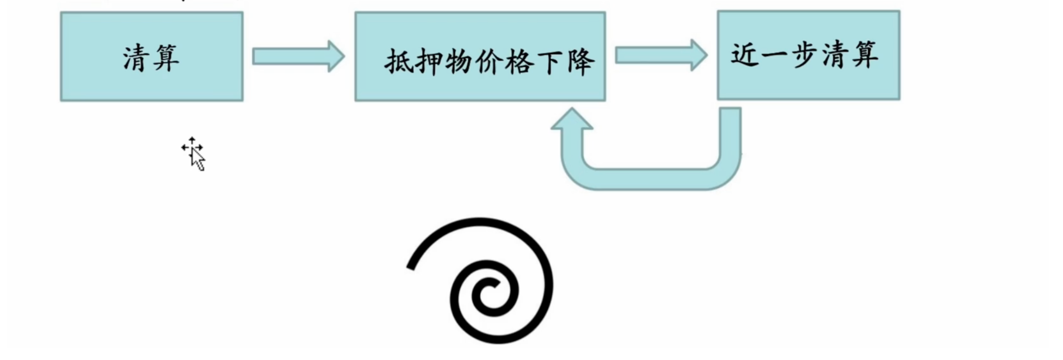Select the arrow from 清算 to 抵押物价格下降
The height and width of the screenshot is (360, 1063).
click(298, 56)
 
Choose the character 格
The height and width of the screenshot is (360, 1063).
click(520, 62)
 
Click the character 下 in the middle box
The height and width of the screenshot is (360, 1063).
click(549, 62)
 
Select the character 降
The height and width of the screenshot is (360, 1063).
click(580, 62)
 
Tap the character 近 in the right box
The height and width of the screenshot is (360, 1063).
click(745, 54)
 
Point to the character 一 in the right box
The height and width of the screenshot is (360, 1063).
click(775, 55)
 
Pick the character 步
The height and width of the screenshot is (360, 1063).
click(805, 54)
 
